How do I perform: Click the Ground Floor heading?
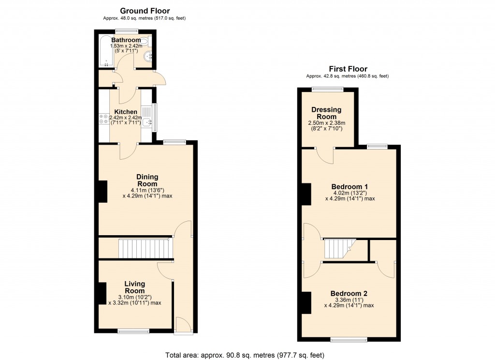coord(145,11)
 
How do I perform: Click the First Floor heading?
coord(348,69)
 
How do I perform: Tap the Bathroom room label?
coord(126,40)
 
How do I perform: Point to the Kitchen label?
coord(126,112)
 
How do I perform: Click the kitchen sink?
coord(146,122)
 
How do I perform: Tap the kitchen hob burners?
coord(103,119)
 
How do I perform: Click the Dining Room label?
coord(147,180)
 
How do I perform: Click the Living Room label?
coord(134,287)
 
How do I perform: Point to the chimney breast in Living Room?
coord(102,293)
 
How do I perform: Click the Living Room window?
coord(134,331)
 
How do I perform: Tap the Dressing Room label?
coord(326,113)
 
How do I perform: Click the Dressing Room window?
coord(327,89)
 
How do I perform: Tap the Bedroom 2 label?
coord(349,293)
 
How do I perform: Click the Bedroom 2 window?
coord(349,340)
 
